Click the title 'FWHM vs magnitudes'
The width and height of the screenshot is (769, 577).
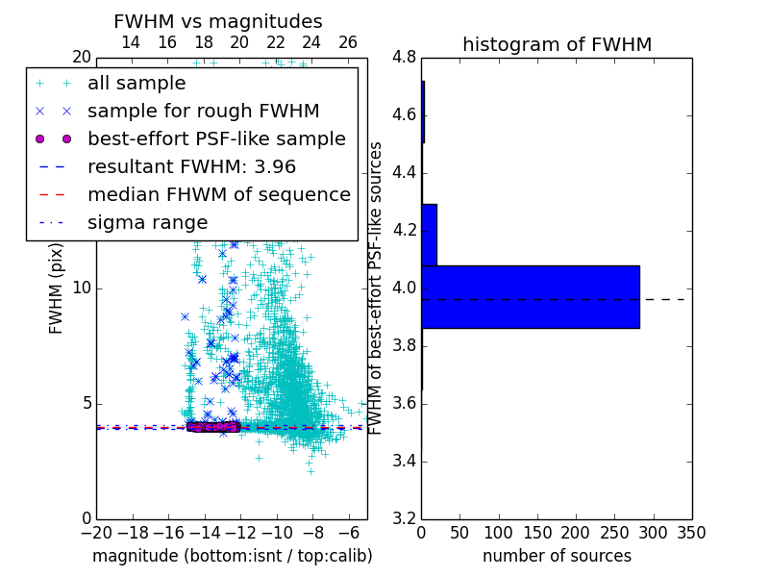point(218,21)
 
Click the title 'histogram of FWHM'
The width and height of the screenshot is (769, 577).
point(557,44)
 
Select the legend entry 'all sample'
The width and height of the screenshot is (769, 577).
point(136,84)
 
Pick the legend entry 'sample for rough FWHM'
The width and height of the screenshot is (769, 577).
point(203,111)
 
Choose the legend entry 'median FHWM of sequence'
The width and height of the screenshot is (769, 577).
point(218,194)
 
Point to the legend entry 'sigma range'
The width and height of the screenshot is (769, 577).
point(147,222)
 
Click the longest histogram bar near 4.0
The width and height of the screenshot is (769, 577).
point(530,296)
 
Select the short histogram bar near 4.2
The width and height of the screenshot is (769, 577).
point(429,235)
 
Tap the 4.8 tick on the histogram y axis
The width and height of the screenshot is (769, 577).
point(404,58)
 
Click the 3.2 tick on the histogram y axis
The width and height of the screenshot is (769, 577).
point(404,518)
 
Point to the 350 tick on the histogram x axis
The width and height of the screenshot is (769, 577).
point(692,533)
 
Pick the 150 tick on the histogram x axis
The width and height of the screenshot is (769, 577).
point(537,533)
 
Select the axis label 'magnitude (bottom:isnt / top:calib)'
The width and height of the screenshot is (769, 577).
point(232,556)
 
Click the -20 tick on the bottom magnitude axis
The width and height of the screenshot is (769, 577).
point(96,533)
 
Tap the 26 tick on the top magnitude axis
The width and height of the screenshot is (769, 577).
point(348,42)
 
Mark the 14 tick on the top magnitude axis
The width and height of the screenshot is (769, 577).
point(131,42)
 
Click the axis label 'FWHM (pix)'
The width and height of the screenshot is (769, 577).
point(57,288)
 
